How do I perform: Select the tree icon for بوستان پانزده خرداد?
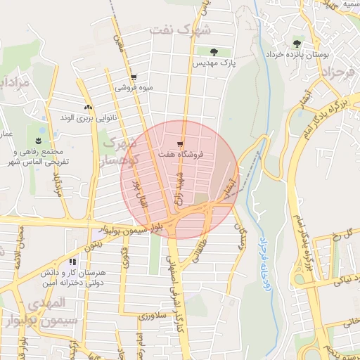[295, 44]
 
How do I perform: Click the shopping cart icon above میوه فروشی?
[134, 78]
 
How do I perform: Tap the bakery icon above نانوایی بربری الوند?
[88, 107]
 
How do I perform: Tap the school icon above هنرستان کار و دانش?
[72, 262]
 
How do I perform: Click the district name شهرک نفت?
[180, 30]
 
